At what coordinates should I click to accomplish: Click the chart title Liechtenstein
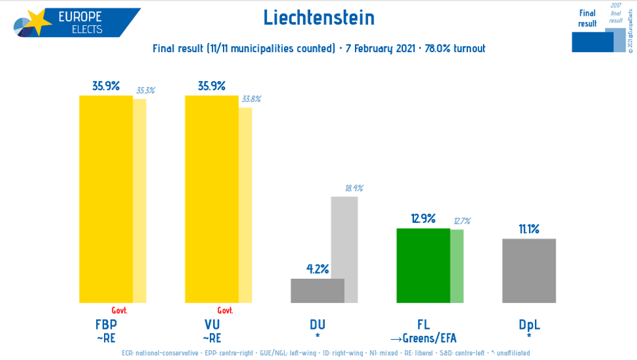click(318, 18)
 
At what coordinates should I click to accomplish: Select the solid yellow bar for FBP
click(106, 199)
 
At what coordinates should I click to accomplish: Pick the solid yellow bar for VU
click(212, 199)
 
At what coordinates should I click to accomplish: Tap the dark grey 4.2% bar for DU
click(317, 290)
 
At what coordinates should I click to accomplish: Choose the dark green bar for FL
click(423, 265)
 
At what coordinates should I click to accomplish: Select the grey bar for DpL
click(528, 270)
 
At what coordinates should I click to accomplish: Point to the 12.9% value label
click(423, 218)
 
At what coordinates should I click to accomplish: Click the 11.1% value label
click(528, 229)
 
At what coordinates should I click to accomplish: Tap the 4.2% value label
click(317, 268)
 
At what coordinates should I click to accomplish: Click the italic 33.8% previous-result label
click(251, 99)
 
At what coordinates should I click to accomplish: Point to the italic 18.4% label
click(354, 188)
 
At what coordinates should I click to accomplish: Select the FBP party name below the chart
click(106, 324)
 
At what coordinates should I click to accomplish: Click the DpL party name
click(529, 324)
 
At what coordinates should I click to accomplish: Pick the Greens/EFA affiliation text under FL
click(423, 338)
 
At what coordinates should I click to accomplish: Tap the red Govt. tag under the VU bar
click(225, 311)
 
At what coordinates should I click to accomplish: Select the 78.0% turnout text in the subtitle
click(455, 49)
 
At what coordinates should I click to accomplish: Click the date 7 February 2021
click(380, 49)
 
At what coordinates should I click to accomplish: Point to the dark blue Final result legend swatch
click(592, 42)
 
